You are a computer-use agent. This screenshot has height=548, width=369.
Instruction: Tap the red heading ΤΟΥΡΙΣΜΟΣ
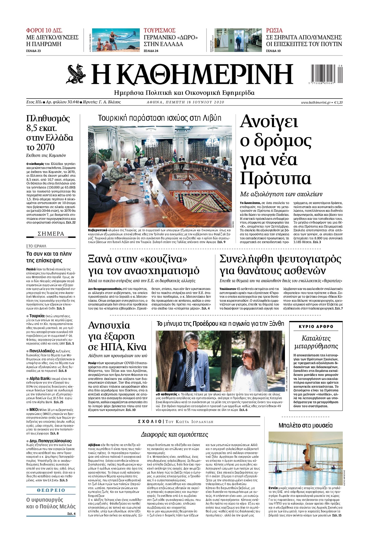tap(160, 30)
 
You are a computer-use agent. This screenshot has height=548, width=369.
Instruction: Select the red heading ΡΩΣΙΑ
tap(274, 30)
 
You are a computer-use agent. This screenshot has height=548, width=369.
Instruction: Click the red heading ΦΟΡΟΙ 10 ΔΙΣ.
tap(44, 30)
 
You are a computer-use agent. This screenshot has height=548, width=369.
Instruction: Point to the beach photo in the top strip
tap(116, 40)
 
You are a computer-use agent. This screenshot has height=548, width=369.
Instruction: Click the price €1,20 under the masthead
tap(338, 102)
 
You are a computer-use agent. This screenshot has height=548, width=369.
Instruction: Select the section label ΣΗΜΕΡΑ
tap(51, 234)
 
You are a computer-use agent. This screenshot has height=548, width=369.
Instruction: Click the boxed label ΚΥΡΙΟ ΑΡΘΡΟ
tap(316, 327)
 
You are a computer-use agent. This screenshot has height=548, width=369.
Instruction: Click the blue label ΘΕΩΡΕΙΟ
tap(51, 490)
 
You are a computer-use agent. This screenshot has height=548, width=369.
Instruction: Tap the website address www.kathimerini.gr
tap(315, 102)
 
